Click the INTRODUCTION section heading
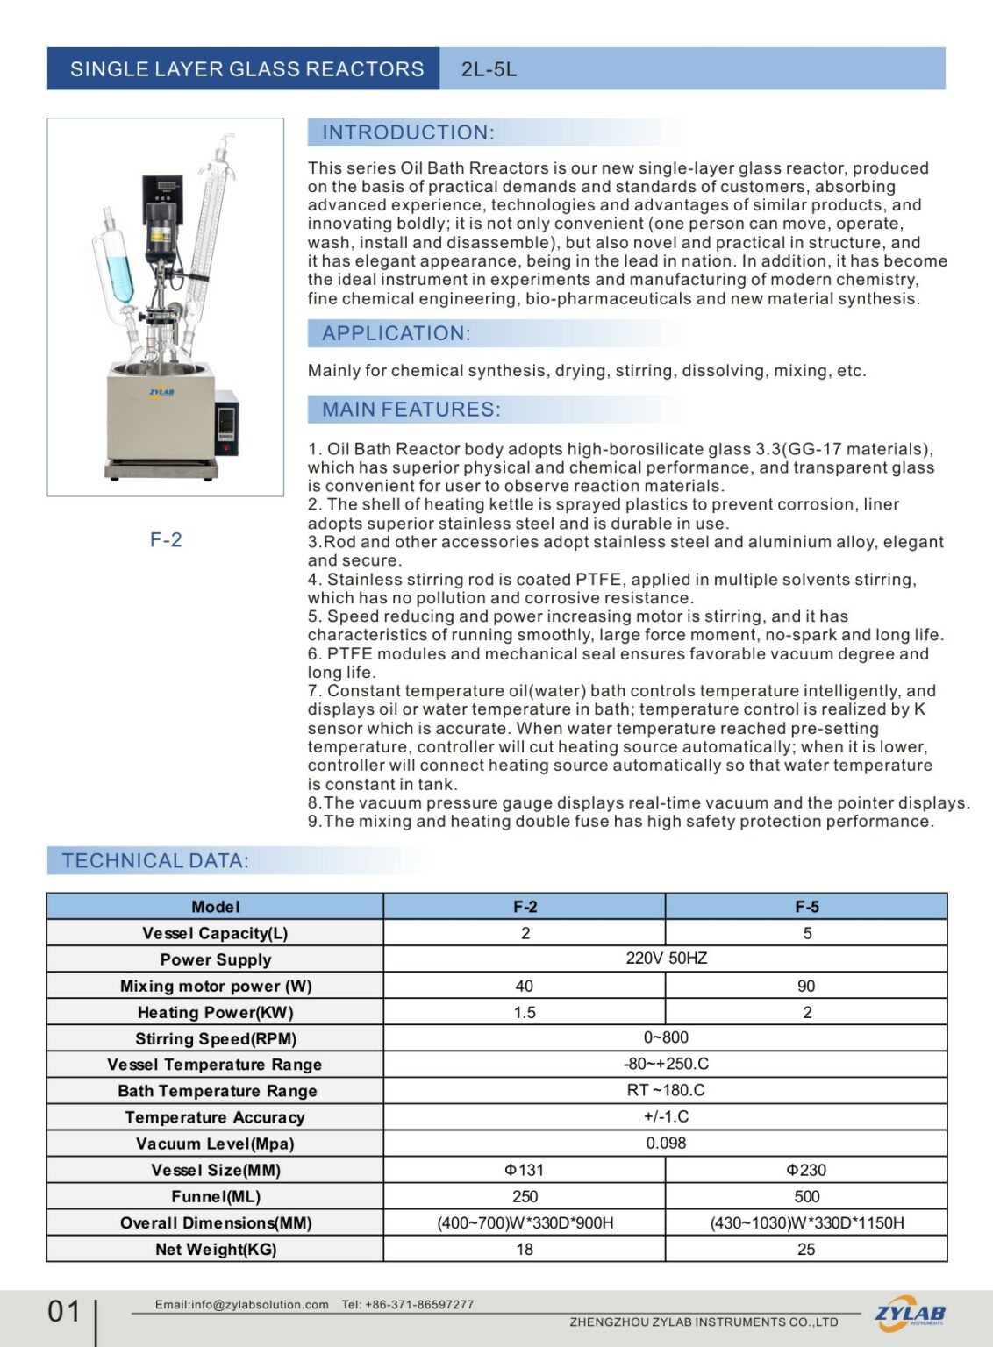tap(408, 132)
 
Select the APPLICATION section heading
tap(396, 333)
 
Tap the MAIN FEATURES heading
tap(411, 410)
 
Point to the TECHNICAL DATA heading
tap(155, 861)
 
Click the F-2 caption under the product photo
tap(166, 539)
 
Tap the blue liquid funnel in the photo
tap(115, 264)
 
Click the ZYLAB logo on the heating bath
tap(161, 392)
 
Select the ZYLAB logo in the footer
tap(910, 1314)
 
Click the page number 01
tap(64, 1312)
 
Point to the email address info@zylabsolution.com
tap(241, 1304)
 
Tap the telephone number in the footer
tap(408, 1304)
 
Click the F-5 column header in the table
tap(806, 907)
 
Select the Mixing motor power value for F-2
tap(525, 986)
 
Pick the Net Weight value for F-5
tap(806, 1249)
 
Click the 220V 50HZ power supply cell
tap(666, 959)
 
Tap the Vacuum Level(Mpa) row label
tap(215, 1144)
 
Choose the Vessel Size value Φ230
tap(806, 1170)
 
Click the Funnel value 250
tap(525, 1196)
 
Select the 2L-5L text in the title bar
tap(489, 69)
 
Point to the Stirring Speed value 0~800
tap(666, 1037)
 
